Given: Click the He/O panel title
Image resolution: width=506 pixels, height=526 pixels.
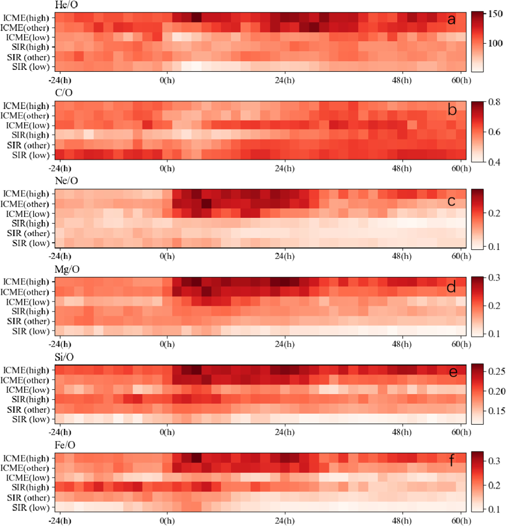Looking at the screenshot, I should point(66,5).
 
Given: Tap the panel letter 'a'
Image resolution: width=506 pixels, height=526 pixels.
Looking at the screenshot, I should point(451,20).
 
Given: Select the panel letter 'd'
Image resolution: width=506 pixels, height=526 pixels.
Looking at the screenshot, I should point(451,287).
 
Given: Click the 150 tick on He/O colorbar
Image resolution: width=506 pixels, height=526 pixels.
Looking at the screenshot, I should point(495,14).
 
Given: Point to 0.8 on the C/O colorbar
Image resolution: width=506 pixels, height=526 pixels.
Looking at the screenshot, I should point(494,102).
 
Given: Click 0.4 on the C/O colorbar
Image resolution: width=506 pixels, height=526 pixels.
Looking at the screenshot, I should point(494,162).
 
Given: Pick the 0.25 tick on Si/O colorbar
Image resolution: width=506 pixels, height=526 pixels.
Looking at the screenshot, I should point(496,372).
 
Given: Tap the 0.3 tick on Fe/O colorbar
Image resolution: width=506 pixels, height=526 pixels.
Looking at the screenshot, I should point(494,461).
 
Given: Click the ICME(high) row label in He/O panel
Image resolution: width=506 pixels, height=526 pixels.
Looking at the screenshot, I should point(26,18).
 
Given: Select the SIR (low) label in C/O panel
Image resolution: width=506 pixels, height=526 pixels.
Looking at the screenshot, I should point(31,155).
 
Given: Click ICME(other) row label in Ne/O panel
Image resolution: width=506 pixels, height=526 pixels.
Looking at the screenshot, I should point(25,204).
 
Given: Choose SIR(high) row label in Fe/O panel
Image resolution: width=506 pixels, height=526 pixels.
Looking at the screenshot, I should point(30,487).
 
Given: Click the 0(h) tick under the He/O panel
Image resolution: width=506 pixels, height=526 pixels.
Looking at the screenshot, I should point(167,81).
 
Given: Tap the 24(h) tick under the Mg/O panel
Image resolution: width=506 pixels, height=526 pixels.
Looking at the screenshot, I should point(285,344).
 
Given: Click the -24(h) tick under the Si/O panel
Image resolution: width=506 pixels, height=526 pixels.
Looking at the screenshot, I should point(60,432).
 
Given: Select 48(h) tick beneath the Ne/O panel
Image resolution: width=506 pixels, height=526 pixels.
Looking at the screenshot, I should point(402,256).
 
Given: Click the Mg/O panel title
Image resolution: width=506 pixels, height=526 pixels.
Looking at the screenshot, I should point(67,269).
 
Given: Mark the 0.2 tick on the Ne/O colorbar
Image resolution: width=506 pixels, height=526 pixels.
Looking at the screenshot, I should point(494,213).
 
